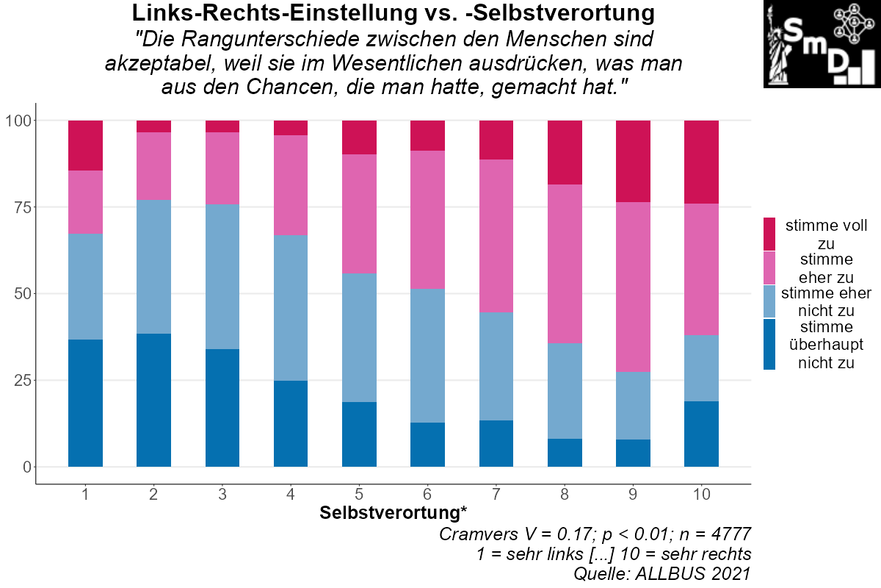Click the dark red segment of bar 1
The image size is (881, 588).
tap(85, 146)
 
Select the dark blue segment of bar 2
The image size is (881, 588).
tap(153, 400)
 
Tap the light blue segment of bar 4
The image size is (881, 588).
tap(291, 307)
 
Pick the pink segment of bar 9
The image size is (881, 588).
tap(633, 287)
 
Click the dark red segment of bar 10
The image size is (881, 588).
tap(701, 162)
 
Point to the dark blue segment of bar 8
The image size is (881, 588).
tap(565, 452)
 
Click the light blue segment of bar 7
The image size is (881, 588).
tap(496, 366)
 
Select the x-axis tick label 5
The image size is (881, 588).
tap(359, 495)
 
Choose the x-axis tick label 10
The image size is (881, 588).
tap(701, 495)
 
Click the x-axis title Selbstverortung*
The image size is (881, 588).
tap(393, 513)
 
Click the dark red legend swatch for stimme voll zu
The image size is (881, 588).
tap(769, 234)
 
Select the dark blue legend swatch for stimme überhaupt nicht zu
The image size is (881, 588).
tap(769, 343)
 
